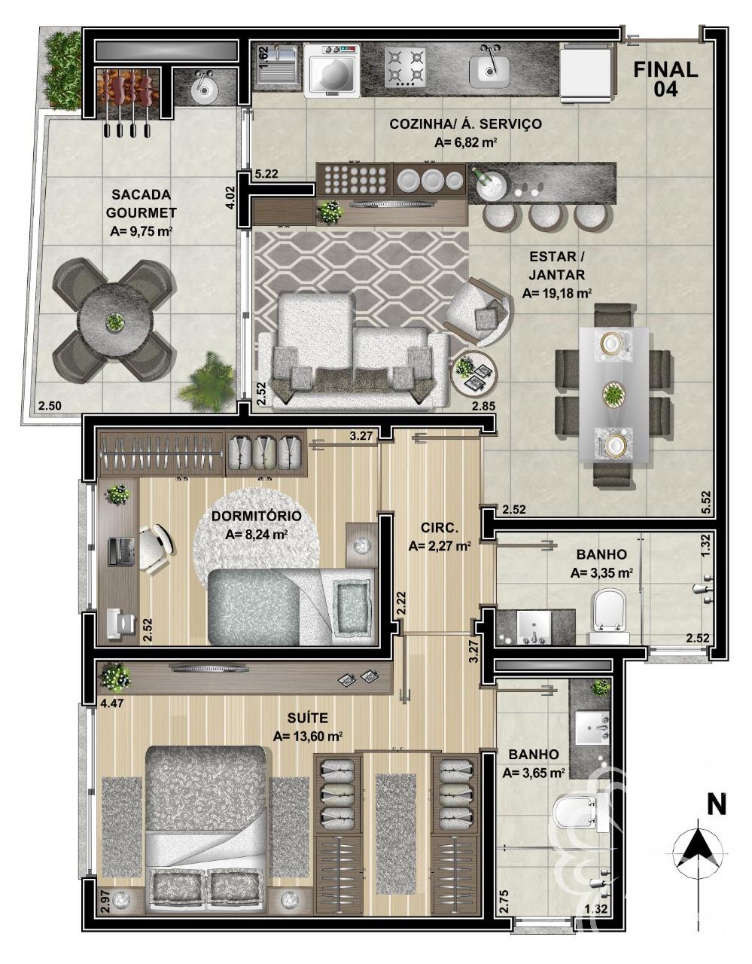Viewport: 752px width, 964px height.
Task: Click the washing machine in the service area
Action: pos(332,70)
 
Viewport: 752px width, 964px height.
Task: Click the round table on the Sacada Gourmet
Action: pos(113,322)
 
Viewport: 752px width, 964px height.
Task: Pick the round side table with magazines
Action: pos(474,371)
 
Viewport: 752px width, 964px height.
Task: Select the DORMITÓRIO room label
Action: pos(256,517)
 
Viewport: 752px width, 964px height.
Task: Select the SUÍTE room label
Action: pos(308,718)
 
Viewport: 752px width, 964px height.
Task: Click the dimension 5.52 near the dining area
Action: pos(706,502)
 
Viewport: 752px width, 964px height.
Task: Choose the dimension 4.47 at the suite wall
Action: pos(112,705)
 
